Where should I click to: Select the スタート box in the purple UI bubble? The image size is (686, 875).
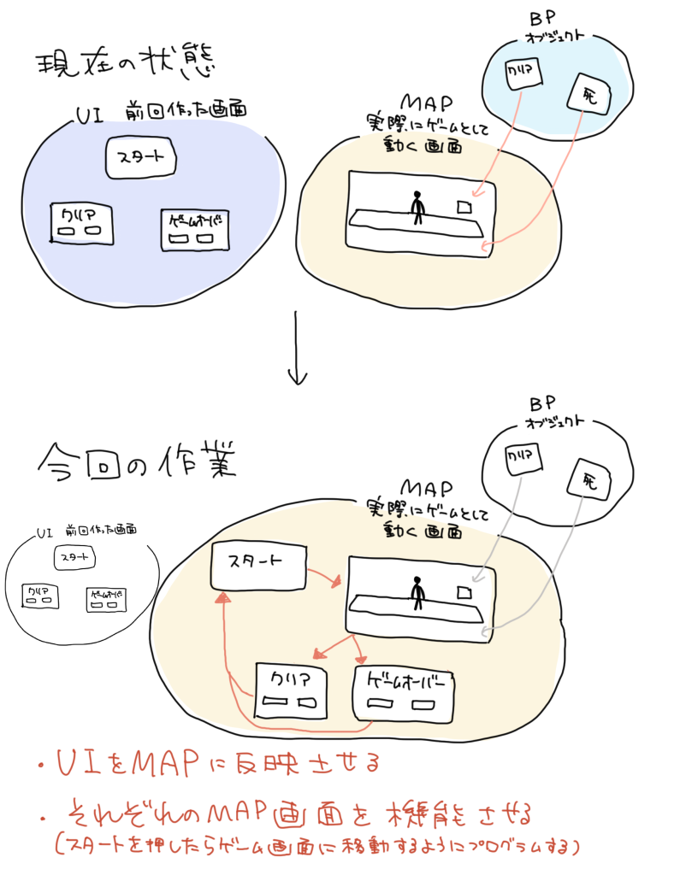(140, 158)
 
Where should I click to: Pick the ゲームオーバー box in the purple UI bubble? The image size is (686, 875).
(195, 228)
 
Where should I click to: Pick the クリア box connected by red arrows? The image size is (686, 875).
(291, 690)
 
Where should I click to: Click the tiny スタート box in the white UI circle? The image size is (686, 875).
(74, 557)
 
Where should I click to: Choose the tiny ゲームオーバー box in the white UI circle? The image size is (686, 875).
(106, 598)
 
